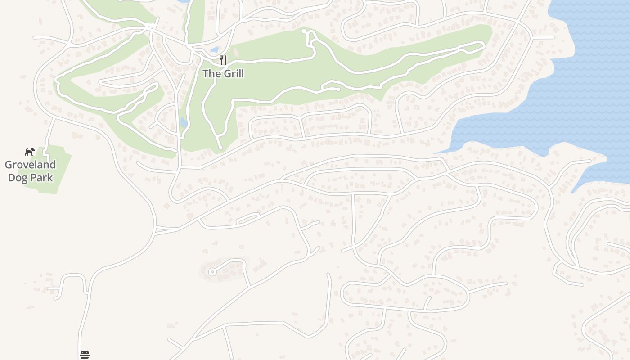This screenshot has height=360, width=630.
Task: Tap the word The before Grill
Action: (x=211, y=73)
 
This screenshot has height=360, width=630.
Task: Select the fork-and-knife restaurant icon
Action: (x=223, y=60)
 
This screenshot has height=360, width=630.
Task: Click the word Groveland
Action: (x=30, y=165)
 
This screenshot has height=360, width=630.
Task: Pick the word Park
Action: (x=42, y=178)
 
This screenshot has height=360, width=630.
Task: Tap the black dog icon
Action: (x=30, y=152)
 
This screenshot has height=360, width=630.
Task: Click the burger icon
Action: (x=85, y=355)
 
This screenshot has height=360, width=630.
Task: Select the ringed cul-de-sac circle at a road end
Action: (x=212, y=271)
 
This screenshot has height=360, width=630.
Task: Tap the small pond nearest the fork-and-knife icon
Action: (x=214, y=49)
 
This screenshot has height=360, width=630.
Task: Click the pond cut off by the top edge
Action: (x=182, y=1)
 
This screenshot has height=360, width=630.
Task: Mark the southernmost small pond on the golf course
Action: (x=184, y=122)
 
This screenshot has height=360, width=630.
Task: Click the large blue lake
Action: (x=562, y=90)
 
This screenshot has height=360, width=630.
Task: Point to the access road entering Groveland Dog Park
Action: (x=48, y=135)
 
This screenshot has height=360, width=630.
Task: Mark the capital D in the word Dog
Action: (x=11, y=178)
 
